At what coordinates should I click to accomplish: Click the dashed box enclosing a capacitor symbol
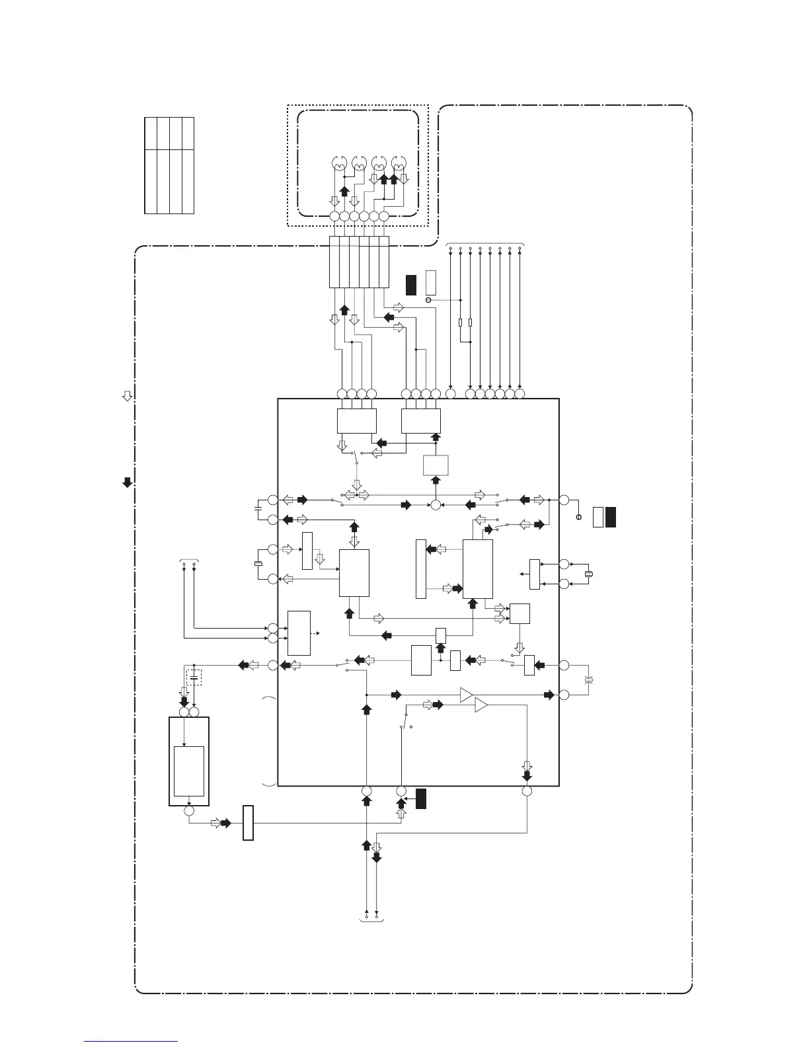pyautogui.click(x=194, y=677)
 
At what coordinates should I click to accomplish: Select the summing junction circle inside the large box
pyautogui.click(x=436, y=506)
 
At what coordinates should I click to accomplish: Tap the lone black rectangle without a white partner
pyautogui.click(x=420, y=798)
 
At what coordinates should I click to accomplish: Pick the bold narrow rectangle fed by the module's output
pyautogui.click(x=248, y=822)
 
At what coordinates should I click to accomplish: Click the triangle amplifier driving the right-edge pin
pyautogui.click(x=467, y=695)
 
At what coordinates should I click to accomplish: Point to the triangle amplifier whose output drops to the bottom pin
pyautogui.click(x=481, y=706)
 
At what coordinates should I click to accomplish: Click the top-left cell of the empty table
pyautogui.click(x=151, y=134)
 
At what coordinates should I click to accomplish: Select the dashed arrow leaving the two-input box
pyautogui.click(x=317, y=633)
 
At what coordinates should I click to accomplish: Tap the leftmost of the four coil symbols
pyautogui.click(x=339, y=163)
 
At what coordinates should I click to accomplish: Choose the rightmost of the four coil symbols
pyautogui.click(x=399, y=163)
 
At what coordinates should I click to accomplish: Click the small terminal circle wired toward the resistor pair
pyautogui.click(x=428, y=301)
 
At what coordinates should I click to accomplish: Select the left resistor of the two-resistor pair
pyautogui.click(x=460, y=323)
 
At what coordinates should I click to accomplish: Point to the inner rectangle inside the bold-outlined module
pyautogui.click(x=189, y=771)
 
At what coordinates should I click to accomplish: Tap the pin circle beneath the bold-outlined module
pyautogui.click(x=189, y=810)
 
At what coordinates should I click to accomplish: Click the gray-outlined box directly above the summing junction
pyautogui.click(x=436, y=465)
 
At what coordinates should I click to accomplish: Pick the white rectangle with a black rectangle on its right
pyautogui.click(x=598, y=517)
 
